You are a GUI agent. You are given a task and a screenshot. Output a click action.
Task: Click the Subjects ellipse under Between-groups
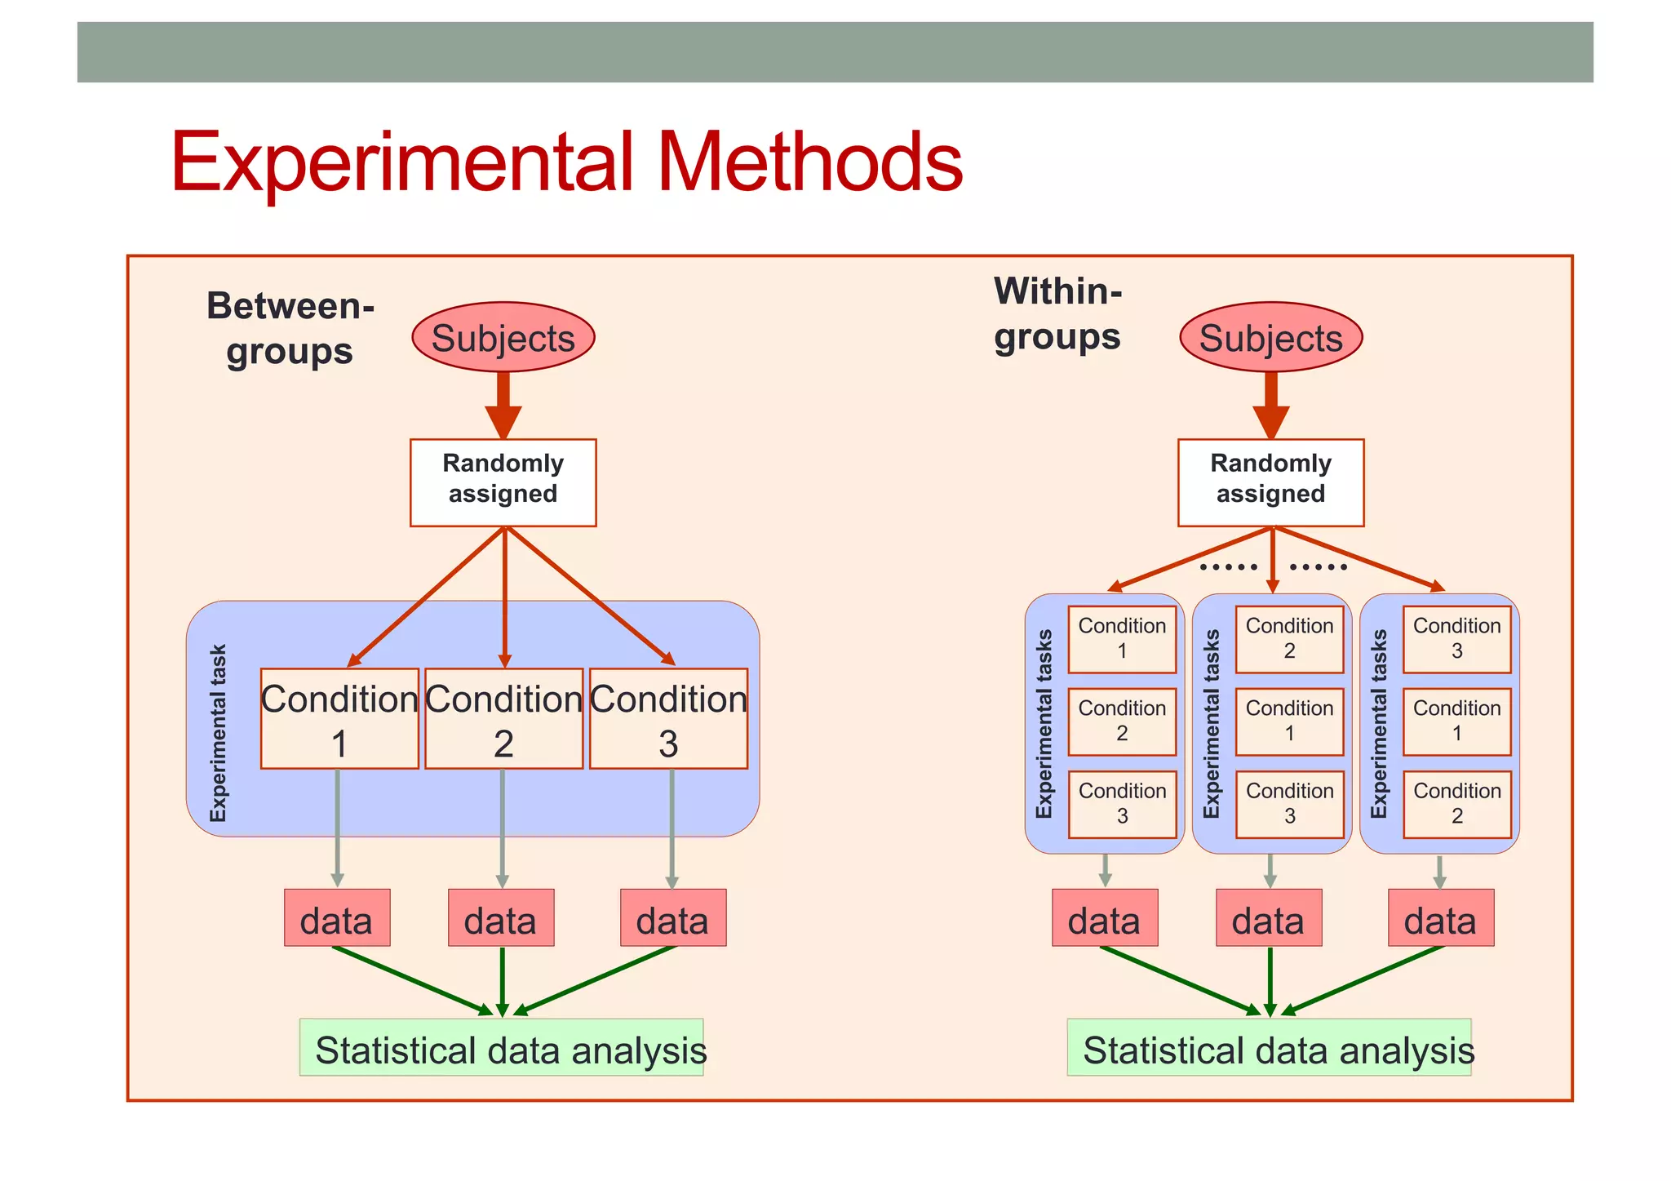[x=503, y=338]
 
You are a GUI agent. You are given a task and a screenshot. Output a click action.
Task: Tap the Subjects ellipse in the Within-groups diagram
[x=1270, y=338]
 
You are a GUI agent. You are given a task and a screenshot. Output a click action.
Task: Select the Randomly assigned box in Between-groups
[x=503, y=482]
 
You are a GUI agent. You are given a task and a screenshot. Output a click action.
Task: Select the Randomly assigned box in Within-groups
[x=1270, y=482]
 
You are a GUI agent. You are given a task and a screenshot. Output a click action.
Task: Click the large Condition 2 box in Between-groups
[x=503, y=719]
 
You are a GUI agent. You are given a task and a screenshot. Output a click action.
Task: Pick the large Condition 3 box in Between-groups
[x=668, y=719]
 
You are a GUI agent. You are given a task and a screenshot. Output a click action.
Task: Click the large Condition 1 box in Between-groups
[x=339, y=719]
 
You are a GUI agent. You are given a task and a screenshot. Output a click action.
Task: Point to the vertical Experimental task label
[x=218, y=732]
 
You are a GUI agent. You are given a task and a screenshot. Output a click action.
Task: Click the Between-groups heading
[x=290, y=328]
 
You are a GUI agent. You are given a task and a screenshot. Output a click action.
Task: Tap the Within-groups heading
[x=1057, y=314]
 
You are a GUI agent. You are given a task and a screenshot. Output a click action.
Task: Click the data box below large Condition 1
[x=337, y=918]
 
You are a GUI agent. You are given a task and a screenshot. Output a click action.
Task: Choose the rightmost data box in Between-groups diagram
[x=672, y=918]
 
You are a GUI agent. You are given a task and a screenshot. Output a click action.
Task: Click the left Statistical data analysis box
[x=501, y=1047]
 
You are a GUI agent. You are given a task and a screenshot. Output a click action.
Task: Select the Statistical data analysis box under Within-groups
[x=1269, y=1047]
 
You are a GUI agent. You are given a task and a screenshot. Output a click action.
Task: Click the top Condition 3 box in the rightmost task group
[x=1456, y=639]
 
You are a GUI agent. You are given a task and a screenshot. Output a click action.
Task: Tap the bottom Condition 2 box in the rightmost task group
[x=1456, y=804]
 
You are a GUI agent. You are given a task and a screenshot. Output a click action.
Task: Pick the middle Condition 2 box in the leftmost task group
[x=1122, y=721]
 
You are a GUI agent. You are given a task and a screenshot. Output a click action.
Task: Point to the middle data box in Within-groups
[x=1268, y=918]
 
